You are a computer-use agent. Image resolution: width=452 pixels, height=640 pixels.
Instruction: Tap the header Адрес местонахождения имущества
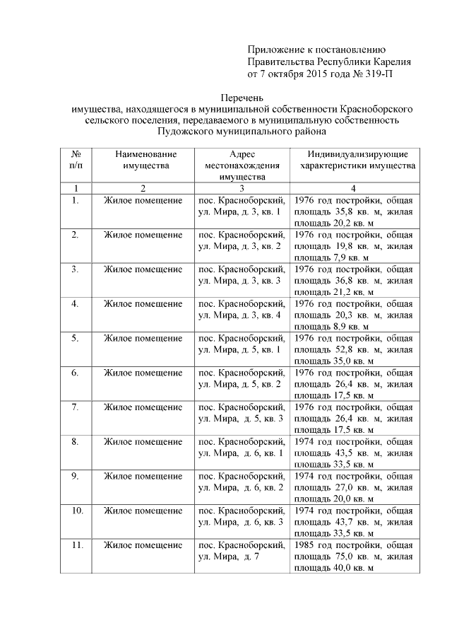(x=242, y=165)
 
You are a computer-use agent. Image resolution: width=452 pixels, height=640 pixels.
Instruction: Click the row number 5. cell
(x=75, y=337)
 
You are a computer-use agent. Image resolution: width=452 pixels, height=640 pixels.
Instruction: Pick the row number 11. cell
(x=77, y=545)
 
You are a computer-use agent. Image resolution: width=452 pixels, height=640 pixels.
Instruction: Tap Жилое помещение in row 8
(x=143, y=441)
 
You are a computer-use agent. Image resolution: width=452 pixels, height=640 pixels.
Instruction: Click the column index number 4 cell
(x=353, y=188)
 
